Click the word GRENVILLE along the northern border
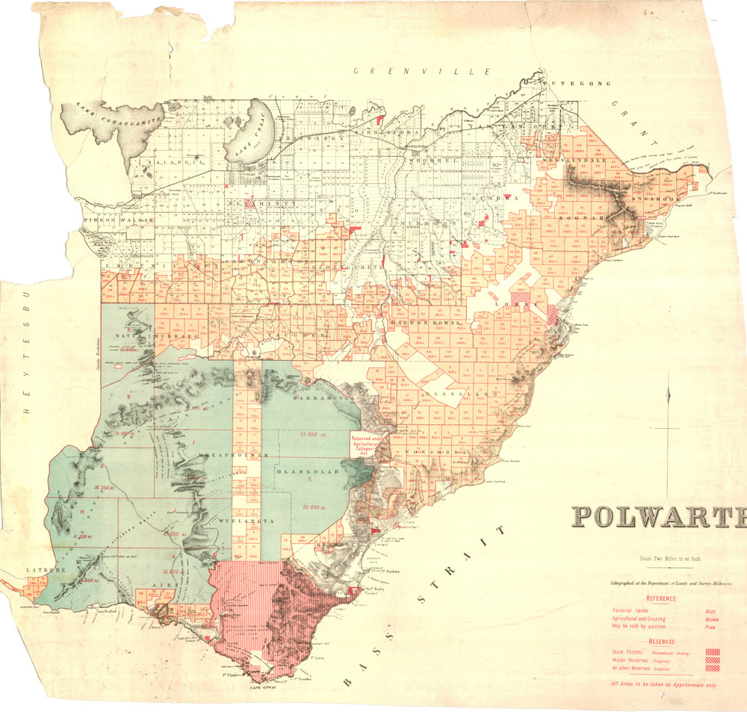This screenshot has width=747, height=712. coord(423,71)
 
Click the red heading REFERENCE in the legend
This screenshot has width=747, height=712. coord(662,598)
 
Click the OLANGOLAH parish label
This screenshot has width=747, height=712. coord(307,472)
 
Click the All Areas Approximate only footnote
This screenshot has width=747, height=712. coord(663,684)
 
